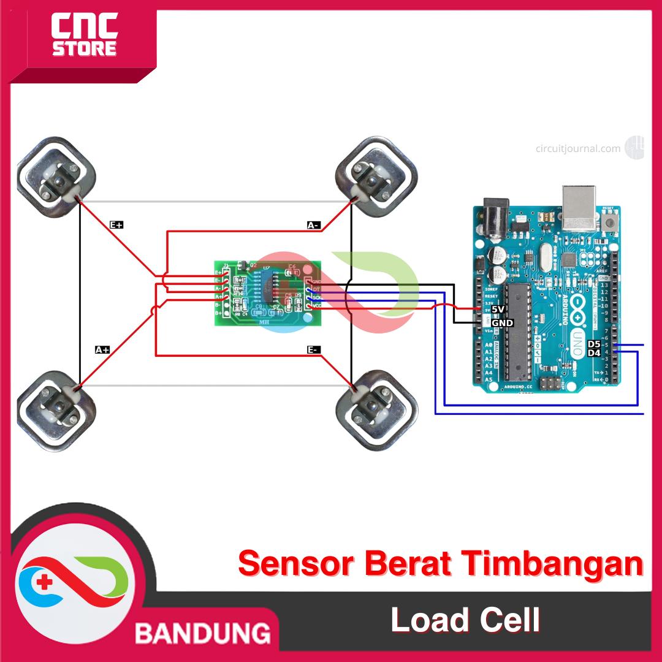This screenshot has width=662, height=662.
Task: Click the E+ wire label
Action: click(x=116, y=225)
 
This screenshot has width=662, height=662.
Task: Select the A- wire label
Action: click(x=313, y=226)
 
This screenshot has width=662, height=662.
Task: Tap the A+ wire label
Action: click(x=102, y=350)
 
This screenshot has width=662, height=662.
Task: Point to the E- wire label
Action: click(x=313, y=350)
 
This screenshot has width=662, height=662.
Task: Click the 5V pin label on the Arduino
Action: click(x=498, y=310)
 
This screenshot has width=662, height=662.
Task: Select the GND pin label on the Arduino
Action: click(x=502, y=322)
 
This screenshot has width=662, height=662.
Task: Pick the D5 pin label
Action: click(x=594, y=344)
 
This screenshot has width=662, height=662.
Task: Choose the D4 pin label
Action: click(x=594, y=353)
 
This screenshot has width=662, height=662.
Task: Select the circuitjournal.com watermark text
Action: click(x=578, y=148)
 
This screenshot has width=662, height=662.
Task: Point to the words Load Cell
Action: click(x=465, y=620)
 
